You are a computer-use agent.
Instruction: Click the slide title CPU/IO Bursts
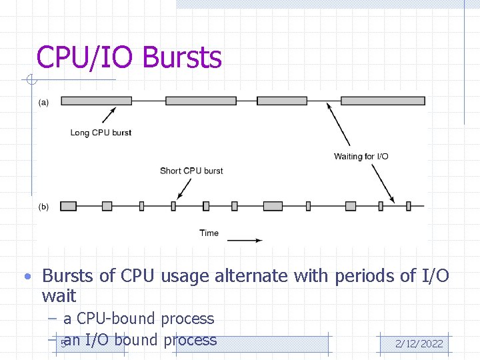pyautogui.click(x=129, y=57)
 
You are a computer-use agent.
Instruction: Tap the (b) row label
pyautogui.click(x=43, y=207)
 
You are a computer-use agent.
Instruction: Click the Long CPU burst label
pyautogui.click(x=101, y=133)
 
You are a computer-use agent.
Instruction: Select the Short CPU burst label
pyautogui.click(x=191, y=171)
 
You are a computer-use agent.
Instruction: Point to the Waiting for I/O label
pyautogui.click(x=361, y=157)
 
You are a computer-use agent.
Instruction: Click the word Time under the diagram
pyautogui.click(x=209, y=233)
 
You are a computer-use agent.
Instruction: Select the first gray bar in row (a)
pyautogui.click(x=95, y=101)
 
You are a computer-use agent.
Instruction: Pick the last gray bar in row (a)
pyautogui.click(x=383, y=101)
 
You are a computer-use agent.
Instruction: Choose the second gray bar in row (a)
pyautogui.click(x=201, y=101)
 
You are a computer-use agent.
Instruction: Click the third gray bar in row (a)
pyautogui.click(x=282, y=101)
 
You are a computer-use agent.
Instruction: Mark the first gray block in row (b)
pyautogui.click(x=68, y=206)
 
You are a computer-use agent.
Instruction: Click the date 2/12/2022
pyautogui.click(x=419, y=344)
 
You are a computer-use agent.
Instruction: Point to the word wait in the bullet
pyautogui.click(x=59, y=296)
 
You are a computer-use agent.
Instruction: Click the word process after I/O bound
pyautogui.click(x=190, y=340)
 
